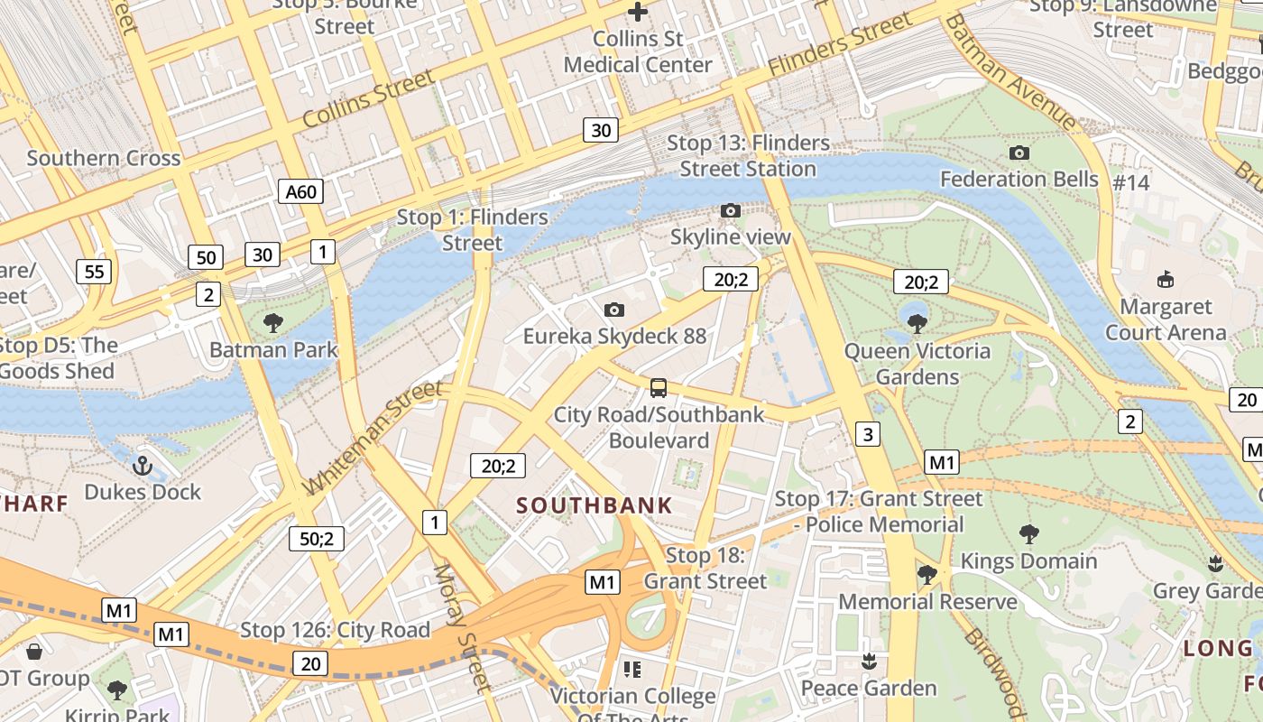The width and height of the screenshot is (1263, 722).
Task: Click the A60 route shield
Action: (x=300, y=191)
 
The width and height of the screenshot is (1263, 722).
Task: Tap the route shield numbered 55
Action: (x=94, y=271)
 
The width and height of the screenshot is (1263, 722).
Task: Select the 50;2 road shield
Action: (x=317, y=539)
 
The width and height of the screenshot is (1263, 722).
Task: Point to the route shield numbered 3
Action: (x=867, y=434)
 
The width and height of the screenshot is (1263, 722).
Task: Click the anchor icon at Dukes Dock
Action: (x=142, y=466)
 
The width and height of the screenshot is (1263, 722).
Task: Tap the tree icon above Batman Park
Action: (x=272, y=322)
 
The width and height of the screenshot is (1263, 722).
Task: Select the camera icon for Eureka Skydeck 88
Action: (x=613, y=310)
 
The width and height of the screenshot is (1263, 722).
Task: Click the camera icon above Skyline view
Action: (x=731, y=211)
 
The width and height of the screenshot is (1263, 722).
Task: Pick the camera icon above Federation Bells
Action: (x=1019, y=153)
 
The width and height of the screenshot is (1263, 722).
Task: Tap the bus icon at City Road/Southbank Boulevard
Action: (x=659, y=389)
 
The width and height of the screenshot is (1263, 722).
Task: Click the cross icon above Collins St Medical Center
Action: (x=638, y=13)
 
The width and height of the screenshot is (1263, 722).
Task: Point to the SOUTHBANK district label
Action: (x=595, y=505)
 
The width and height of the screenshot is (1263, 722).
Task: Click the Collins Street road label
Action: (x=368, y=100)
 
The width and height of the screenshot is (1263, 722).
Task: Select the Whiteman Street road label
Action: (x=373, y=437)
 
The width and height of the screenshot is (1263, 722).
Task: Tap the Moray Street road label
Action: (x=461, y=628)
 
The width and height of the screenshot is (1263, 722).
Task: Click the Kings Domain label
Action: (x=1028, y=561)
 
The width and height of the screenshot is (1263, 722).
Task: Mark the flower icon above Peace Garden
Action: (x=869, y=662)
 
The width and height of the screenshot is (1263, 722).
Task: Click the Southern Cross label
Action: (x=104, y=158)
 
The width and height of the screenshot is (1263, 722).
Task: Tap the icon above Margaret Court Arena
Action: (x=1166, y=279)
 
